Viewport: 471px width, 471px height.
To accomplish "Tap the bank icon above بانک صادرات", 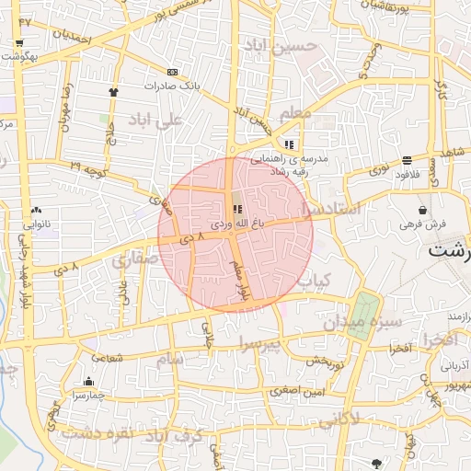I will [172, 72].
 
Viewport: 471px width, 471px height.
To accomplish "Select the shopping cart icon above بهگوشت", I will [19, 42].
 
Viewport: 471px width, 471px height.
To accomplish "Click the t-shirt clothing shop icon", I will [114, 92].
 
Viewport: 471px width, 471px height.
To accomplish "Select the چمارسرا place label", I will [89, 396].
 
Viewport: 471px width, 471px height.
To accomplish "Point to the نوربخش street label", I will [323, 361].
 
